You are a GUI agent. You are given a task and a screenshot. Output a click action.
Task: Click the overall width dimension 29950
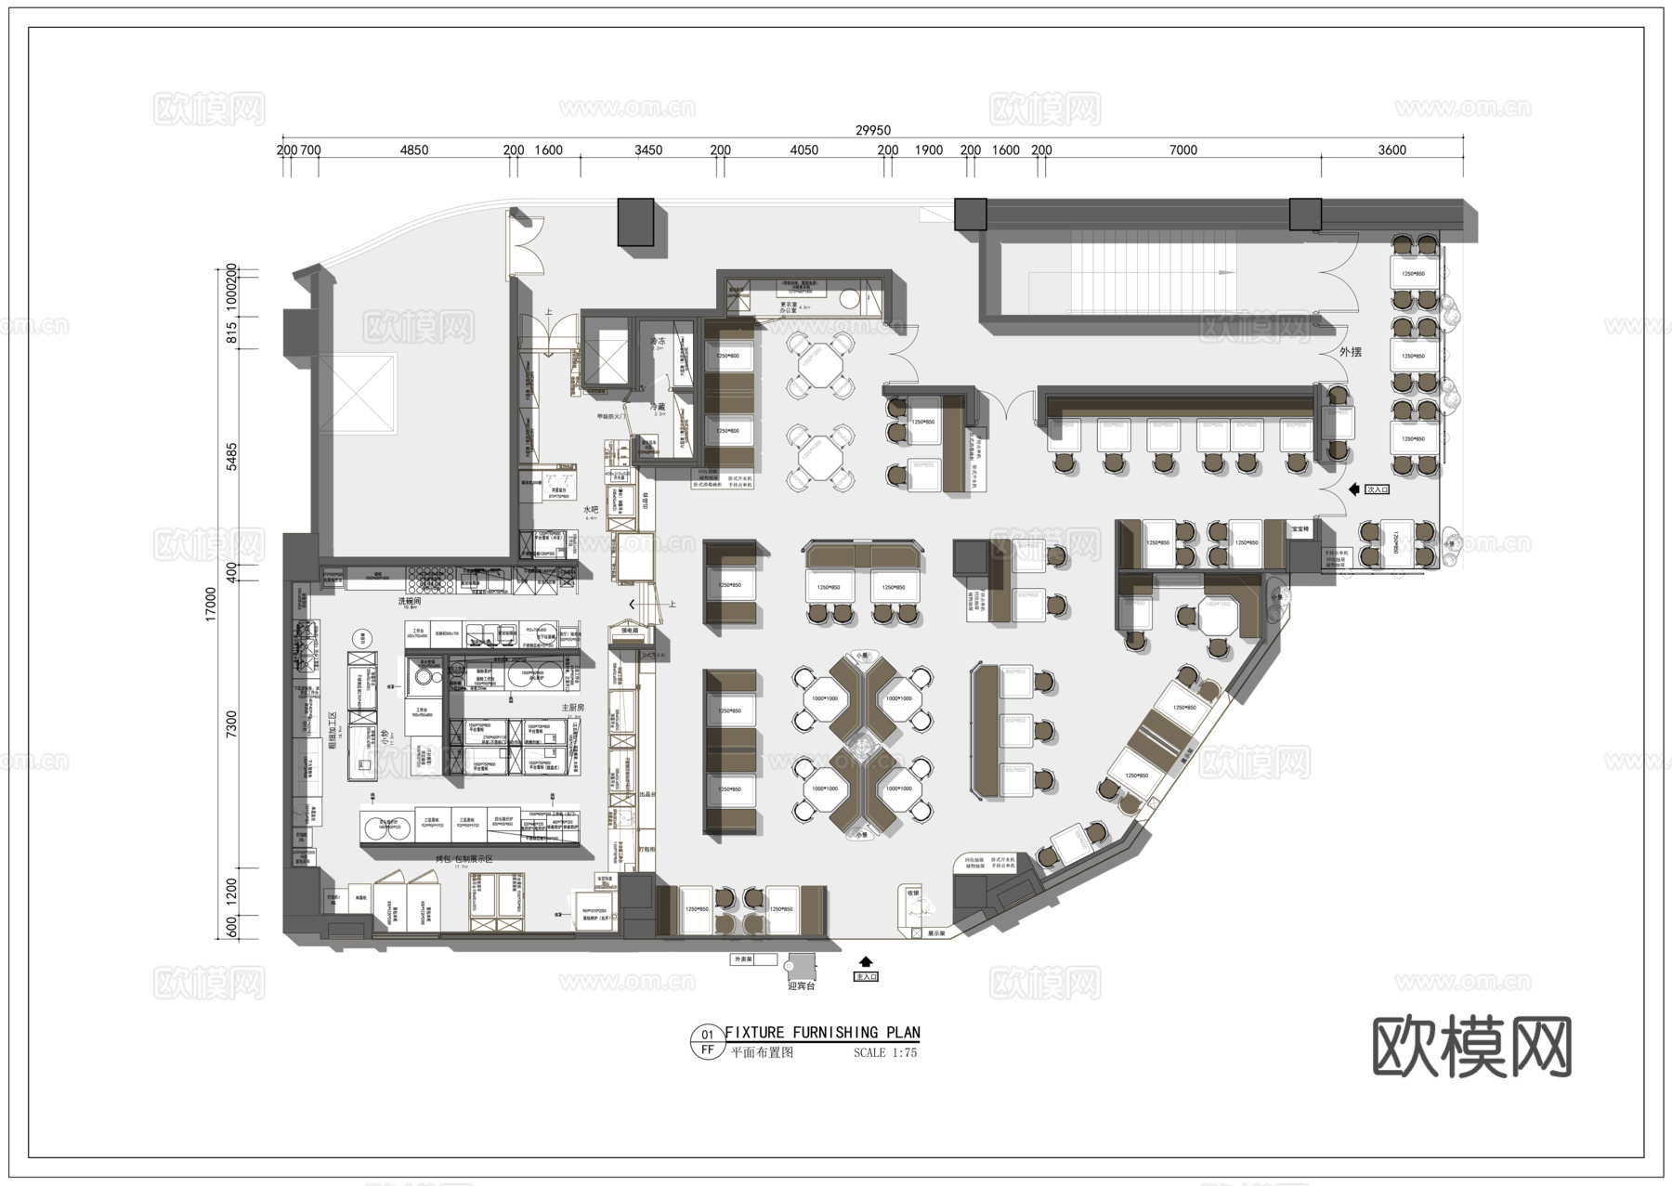coord(872,131)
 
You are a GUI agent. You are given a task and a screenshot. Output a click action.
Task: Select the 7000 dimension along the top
coord(1182,150)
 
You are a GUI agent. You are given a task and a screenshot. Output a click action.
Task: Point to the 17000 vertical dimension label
coord(211,604)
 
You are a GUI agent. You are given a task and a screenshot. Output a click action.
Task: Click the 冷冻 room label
coord(658,342)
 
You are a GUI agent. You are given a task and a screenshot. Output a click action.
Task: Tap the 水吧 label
coord(591,510)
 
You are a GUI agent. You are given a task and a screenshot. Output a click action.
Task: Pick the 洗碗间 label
coord(411,602)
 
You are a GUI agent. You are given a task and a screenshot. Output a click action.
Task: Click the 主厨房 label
coord(572,708)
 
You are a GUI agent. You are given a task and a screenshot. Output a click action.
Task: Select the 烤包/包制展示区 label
coord(464,859)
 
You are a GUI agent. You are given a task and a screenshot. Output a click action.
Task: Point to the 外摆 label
coord(1350,352)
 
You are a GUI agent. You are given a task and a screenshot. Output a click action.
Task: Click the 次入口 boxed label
coord(1376,489)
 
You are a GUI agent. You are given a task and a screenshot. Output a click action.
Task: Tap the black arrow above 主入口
coord(866,962)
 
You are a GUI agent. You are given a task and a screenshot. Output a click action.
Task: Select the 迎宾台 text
coord(801,986)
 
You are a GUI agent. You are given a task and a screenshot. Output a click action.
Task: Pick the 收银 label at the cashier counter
coord(912,893)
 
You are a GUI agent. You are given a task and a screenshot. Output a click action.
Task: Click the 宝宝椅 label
coord(1300,529)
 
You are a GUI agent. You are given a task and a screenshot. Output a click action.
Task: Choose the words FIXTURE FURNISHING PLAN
coord(822,1033)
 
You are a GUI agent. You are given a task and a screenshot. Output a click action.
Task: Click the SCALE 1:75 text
coord(884,1053)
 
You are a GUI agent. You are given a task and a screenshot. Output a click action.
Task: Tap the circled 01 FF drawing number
coord(707,1042)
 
